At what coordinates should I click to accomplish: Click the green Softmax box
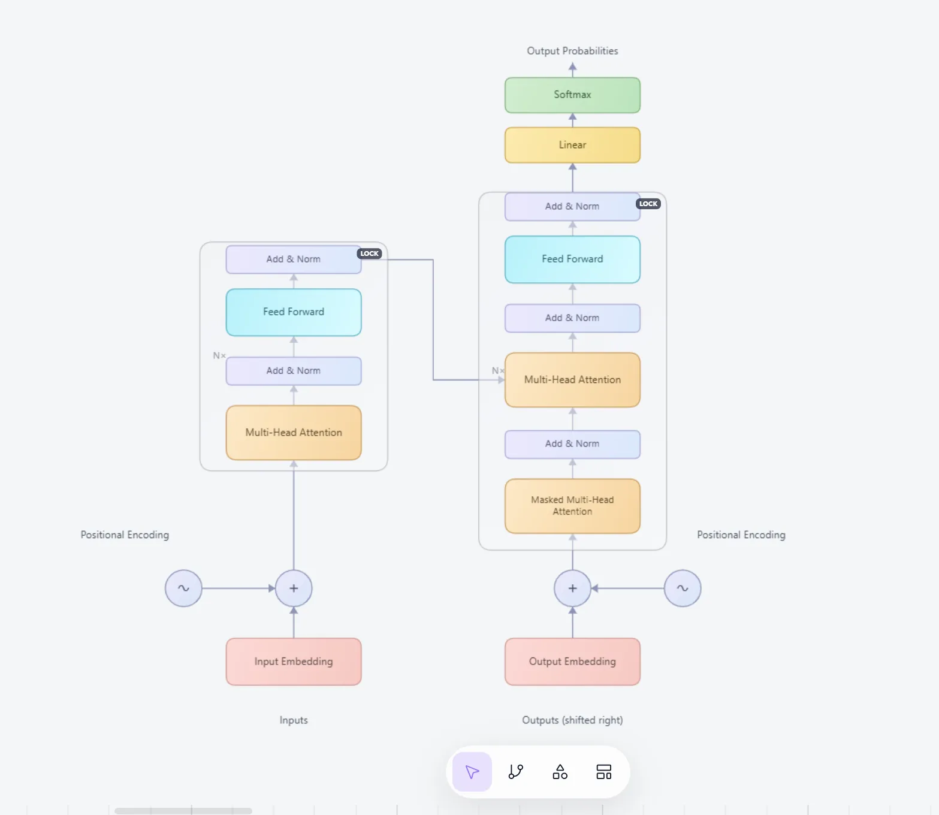coord(572,95)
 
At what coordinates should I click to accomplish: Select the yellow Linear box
coord(572,145)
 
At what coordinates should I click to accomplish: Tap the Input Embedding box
coord(294,662)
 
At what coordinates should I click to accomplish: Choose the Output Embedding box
coord(572,662)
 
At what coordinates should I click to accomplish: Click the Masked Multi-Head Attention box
coord(572,506)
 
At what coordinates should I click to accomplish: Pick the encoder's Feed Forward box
coord(294,312)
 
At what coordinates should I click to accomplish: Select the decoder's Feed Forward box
coord(572,259)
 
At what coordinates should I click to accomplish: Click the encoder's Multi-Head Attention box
coord(294,433)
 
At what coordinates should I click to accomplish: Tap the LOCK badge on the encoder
coord(369,253)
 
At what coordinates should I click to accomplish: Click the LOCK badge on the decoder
coord(648,204)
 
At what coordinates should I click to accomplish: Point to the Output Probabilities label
coord(572,51)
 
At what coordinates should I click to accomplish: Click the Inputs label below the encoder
coord(294,720)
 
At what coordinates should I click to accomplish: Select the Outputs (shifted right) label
coord(572,720)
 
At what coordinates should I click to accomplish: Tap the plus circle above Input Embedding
coord(294,588)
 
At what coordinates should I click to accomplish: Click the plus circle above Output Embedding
coord(572,588)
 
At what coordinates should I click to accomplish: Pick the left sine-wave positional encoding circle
coord(183,588)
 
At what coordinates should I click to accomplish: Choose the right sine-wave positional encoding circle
coord(683,588)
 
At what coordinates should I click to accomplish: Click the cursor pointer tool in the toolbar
coord(472,772)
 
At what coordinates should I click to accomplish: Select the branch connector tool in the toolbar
coord(516,772)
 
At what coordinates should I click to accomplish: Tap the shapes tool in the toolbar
coord(560,772)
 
